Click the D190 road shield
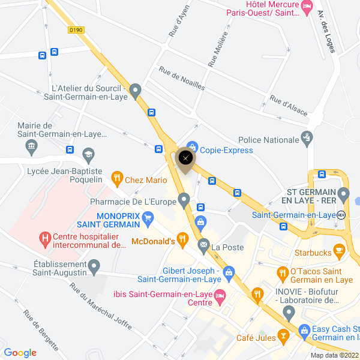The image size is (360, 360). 76,29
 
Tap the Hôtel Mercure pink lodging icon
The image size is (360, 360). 307,7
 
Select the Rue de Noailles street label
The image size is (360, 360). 182,79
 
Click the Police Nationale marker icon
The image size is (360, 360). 307,139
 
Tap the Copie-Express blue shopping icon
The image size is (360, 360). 192,146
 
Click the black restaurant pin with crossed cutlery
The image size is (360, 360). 186,158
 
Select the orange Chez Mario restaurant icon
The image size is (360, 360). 117,178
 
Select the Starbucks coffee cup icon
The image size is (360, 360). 339,250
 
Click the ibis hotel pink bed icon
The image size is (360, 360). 220,295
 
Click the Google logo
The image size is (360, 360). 20,353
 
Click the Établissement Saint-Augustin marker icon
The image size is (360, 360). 94,265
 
